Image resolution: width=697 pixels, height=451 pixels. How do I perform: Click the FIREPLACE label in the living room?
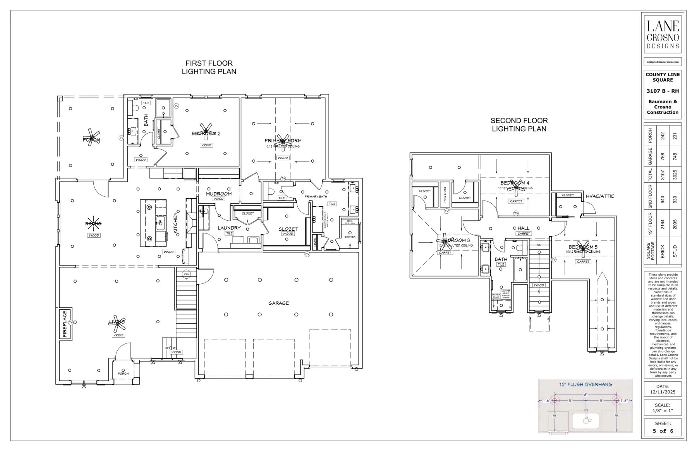(65, 324)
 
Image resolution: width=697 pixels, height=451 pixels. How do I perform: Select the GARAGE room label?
(278, 303)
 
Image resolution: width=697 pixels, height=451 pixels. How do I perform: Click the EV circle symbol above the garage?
(307, 254)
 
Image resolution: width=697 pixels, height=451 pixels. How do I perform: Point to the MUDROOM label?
(219, 194)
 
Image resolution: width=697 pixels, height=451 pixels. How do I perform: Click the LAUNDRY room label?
(229, 228)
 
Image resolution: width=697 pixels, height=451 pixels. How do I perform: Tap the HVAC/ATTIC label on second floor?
(600, 196)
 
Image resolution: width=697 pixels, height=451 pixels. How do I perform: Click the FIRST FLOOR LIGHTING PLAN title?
(209, 67)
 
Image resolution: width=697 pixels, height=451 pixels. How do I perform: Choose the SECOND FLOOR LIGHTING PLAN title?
(519, 125)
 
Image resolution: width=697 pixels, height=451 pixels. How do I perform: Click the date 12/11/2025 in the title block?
(663, 392)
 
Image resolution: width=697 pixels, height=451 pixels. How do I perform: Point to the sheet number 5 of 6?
(663, 431)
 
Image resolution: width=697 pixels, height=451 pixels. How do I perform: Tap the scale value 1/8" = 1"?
(663, 410)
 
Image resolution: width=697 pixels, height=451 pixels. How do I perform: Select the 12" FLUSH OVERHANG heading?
(585, 384)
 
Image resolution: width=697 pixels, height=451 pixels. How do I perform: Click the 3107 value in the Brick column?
(663, 175)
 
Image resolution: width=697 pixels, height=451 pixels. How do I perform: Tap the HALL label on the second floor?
(523, 228)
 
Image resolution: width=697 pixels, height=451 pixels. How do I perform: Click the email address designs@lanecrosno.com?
(663, 62)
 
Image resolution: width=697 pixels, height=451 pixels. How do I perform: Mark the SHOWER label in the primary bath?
(350, 237)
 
